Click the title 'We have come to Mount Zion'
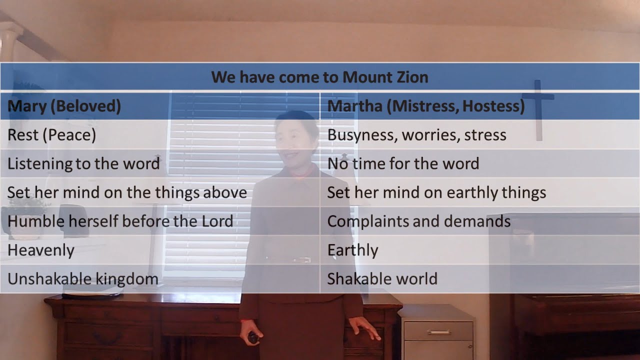point(319,77)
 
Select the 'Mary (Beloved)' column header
point(64,106)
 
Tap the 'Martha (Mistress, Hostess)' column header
point(425,106)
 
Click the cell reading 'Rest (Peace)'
point(51,135)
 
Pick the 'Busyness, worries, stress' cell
point(416,135)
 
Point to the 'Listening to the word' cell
point(83,163)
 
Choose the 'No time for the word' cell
point(403,163)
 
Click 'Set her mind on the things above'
point(127,192)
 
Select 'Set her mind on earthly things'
point(436,192)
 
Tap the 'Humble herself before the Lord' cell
point(120,221)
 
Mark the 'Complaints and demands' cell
point(419,221)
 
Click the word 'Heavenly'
point(41,250)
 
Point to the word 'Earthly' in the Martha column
point(352,250)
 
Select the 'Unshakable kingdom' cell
point(83,278)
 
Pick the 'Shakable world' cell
point(382,278)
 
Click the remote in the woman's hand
point(253,338)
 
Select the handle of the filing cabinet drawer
point(438,332)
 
